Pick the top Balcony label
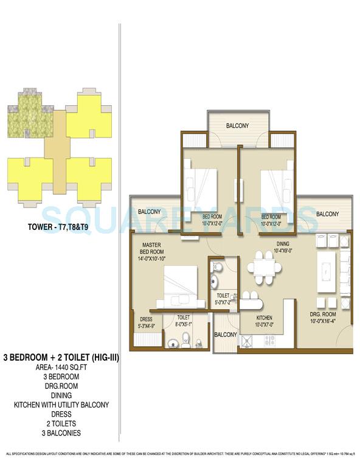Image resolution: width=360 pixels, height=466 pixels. coord(237,126)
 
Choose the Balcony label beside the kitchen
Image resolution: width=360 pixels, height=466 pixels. coord(226,335)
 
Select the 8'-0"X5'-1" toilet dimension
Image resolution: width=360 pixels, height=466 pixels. coord(183,325)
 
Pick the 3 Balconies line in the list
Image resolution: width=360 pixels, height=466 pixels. coord(60,433)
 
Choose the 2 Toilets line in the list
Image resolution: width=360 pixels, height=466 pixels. coord(60,423)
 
